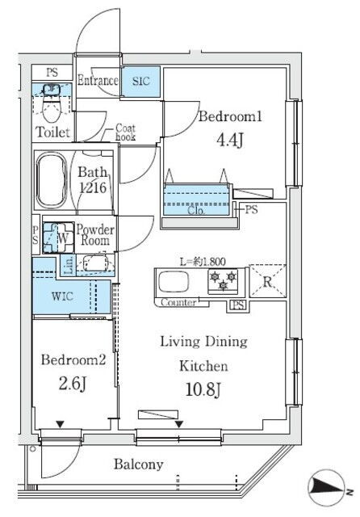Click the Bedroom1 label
point(230,116)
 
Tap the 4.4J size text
point(230,141)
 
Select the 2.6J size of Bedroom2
point(73,384)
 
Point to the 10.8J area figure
point(203,389)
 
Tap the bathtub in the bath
point(52,181)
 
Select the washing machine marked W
point(59,237)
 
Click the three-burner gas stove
point(223,281)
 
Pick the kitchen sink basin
point(174,282)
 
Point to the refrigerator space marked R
point(267,281)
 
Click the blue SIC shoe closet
point(141,82)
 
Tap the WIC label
point(62,296)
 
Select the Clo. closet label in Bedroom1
point(196,210)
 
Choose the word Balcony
point(138,464)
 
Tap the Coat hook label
point(125,132)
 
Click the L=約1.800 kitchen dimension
point(203,262)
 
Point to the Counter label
point(178,302)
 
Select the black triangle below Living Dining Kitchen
point(179,424)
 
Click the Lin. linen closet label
point(69,266)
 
